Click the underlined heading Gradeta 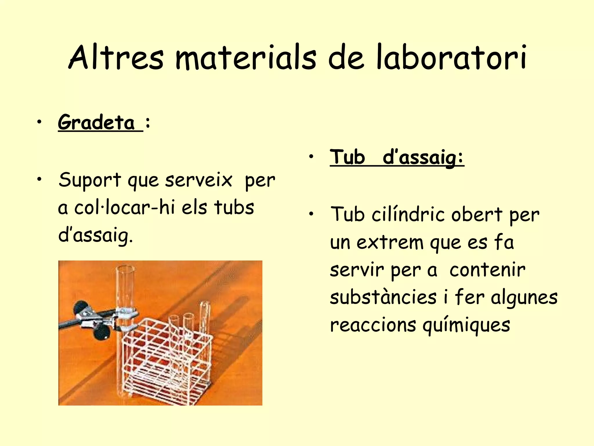point(96,123)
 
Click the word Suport point(90,180)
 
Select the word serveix point(199,180)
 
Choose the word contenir point(487,270)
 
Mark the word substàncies point(383,297)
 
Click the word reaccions point(373,325)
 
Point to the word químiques point(466,325)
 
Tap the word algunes point(524,298)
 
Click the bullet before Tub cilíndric point(311,215)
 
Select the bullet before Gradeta point(39,123)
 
